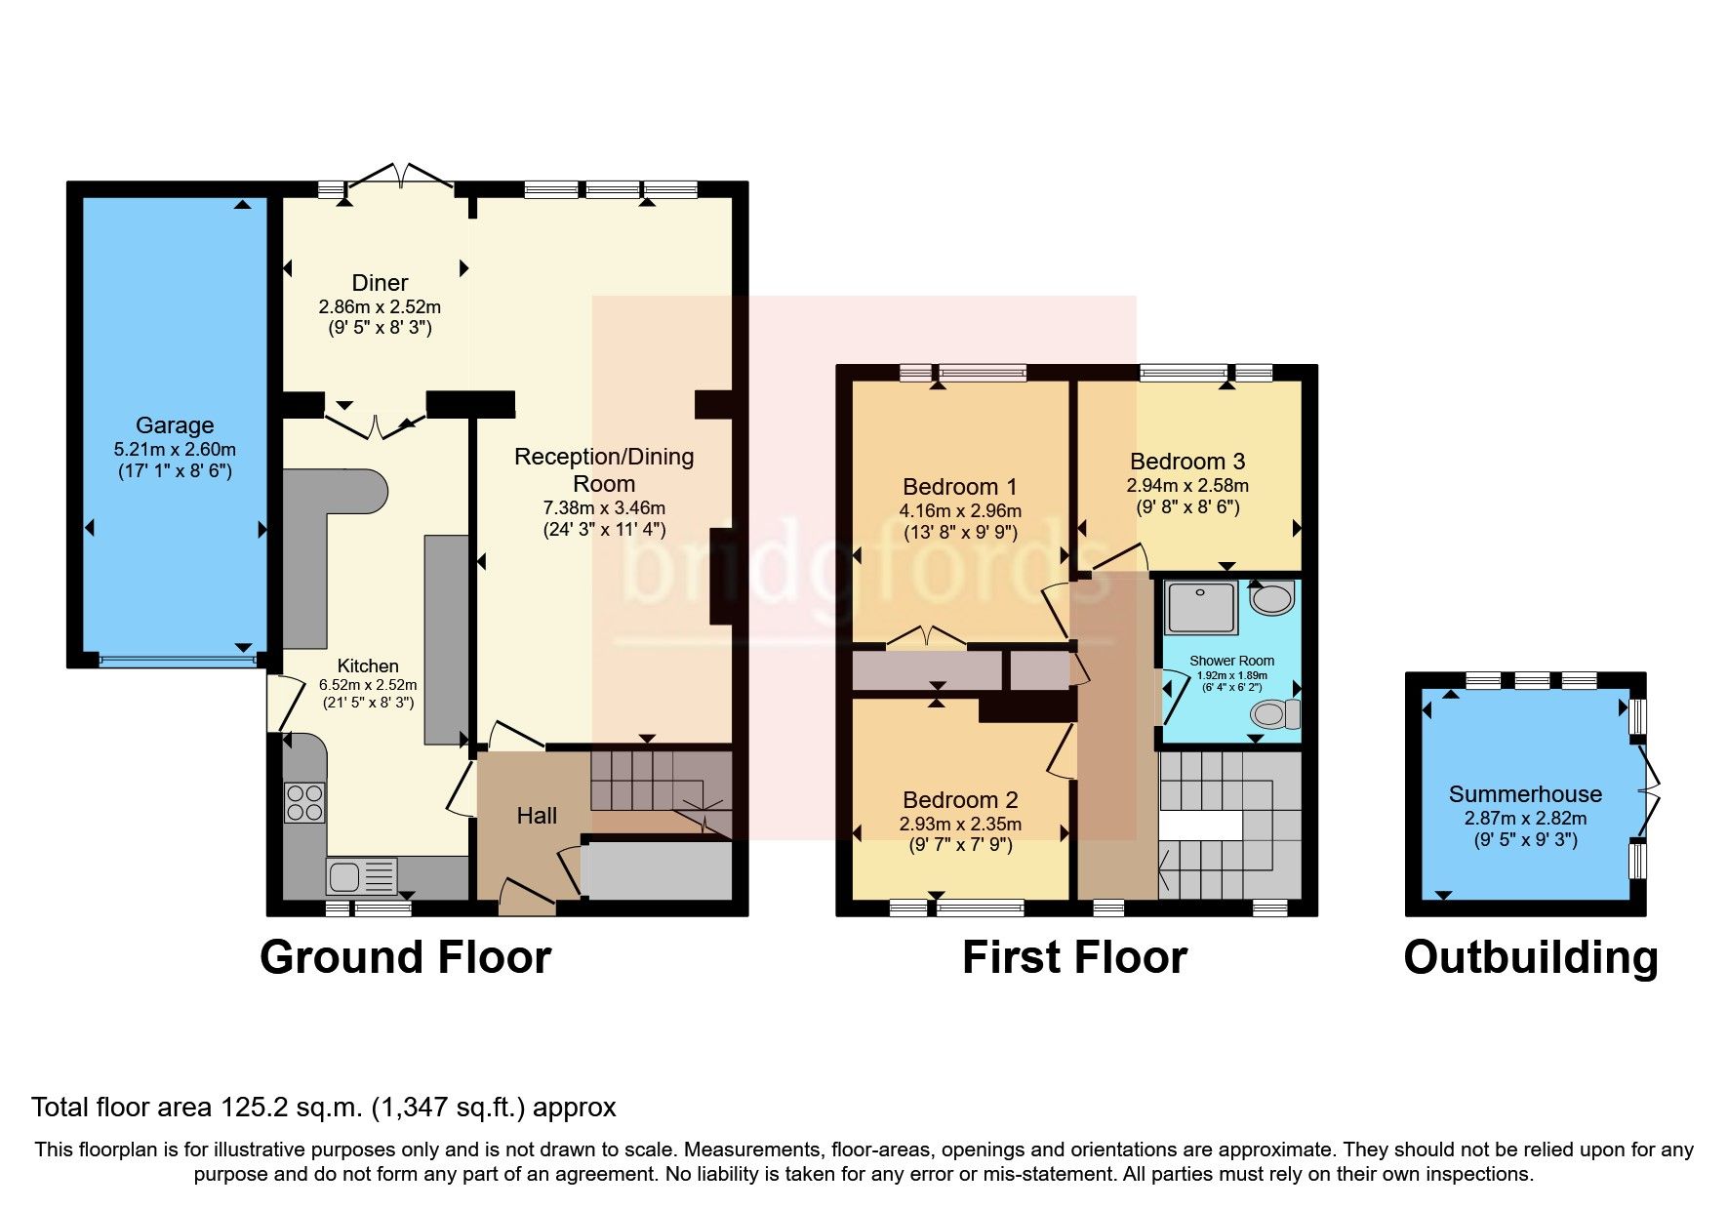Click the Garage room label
coord(175,425)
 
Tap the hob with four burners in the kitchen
coord(304,802)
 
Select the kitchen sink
coord(361,875)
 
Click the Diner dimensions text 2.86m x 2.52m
coord(380,306)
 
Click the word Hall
coord(537,816)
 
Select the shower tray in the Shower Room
coord(1201,608)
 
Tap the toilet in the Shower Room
coord(1274,714)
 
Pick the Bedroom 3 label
coord(1187,462)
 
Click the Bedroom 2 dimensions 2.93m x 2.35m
coord(960,825)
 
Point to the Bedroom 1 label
coord(960,487)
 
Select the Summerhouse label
coord(1524,794)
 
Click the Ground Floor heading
coord(405,957)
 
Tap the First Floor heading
coord(1074,957)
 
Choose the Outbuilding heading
coord(1530,957)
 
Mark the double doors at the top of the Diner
coord(401,176)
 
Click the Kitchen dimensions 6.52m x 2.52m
coord(368,685)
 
